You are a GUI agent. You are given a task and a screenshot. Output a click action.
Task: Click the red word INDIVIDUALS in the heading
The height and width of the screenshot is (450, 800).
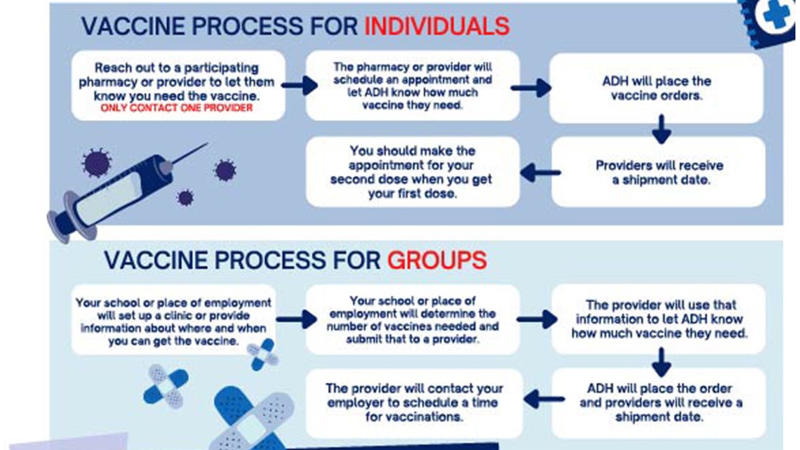436,26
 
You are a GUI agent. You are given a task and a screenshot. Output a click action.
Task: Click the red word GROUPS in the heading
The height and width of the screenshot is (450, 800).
436,260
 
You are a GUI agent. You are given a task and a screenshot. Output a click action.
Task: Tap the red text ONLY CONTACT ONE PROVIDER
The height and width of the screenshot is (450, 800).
177,108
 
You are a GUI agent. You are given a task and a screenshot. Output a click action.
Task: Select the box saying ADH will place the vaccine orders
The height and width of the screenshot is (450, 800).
656,88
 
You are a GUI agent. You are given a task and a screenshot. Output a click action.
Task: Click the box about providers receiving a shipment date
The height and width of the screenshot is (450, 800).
658,172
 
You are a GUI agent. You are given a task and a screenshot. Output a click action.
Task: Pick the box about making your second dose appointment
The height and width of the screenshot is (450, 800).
412,172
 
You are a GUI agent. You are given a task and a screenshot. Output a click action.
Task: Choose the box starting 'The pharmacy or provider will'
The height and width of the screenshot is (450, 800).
412,86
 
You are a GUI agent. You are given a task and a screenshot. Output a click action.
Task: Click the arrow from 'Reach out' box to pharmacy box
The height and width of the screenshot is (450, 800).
300,85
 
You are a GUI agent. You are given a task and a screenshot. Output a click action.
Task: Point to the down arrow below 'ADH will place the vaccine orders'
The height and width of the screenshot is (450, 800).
661,129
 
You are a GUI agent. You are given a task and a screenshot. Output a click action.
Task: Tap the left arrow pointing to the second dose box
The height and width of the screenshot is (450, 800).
540,173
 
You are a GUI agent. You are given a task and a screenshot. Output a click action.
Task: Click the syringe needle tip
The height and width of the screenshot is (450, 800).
207,144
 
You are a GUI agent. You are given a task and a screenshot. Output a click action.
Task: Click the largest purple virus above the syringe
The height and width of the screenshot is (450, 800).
96,163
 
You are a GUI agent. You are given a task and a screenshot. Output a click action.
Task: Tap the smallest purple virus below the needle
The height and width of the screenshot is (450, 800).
185,197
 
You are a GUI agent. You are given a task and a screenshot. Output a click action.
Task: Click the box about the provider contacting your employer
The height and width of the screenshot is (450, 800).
414,403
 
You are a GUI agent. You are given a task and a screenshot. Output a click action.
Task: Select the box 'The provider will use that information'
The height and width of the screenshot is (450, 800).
658,319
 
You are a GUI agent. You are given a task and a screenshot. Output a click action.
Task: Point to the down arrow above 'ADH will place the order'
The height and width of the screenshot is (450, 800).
661,362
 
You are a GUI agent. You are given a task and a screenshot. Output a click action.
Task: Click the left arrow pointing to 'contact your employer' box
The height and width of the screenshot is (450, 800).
544,399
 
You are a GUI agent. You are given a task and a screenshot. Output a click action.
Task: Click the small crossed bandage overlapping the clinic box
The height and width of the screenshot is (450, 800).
262,354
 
